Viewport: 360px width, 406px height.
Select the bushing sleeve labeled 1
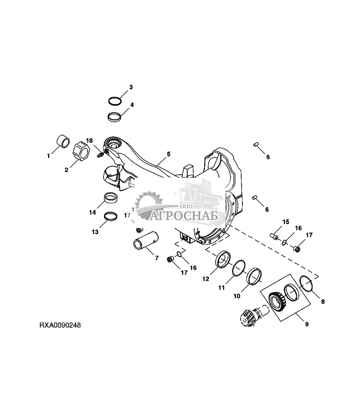63,141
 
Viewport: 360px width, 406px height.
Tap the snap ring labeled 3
115,101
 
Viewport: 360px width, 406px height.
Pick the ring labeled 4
115,117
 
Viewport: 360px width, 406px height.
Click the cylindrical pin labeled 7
146,241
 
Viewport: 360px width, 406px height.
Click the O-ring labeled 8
307,284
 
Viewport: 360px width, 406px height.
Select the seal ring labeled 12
223,260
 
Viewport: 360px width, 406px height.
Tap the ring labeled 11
238,268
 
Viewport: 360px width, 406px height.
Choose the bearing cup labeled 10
254,277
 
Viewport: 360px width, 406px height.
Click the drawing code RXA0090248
60,325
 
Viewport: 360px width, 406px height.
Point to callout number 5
168,154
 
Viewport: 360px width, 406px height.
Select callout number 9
307,324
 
